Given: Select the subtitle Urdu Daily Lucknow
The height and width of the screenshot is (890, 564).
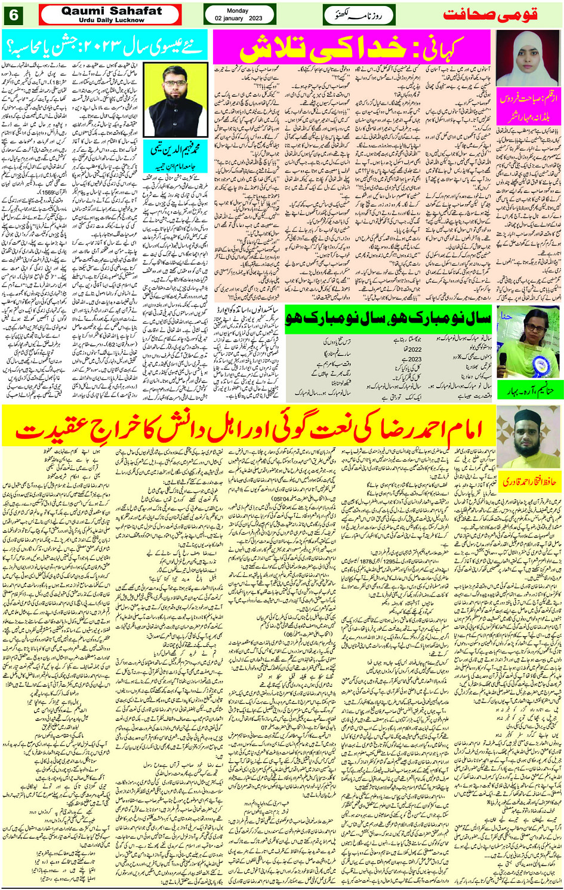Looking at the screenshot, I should tap(112, 20).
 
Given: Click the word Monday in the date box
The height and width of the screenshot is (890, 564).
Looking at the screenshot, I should tap(238, 11).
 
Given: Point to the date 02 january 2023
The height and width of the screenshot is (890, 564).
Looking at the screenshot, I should tap(239, 19).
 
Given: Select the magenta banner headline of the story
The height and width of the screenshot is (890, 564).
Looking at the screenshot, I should tap(352, 47).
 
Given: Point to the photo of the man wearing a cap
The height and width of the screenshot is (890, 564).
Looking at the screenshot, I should tap(528, 437).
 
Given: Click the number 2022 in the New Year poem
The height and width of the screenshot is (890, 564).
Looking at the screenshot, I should tap(414, 350).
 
